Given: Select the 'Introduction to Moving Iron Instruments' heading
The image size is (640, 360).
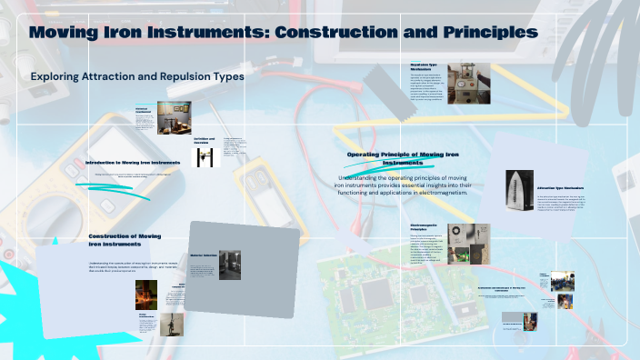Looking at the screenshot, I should (x=133, y=162).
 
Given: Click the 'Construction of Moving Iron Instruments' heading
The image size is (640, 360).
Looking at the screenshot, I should (x=125, y=240).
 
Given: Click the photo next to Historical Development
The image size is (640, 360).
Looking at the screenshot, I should (x=175, y=116).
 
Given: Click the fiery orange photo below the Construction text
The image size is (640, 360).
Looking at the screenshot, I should (x=146, y=294).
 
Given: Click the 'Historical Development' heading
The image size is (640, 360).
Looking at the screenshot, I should (x=146, y=110).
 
